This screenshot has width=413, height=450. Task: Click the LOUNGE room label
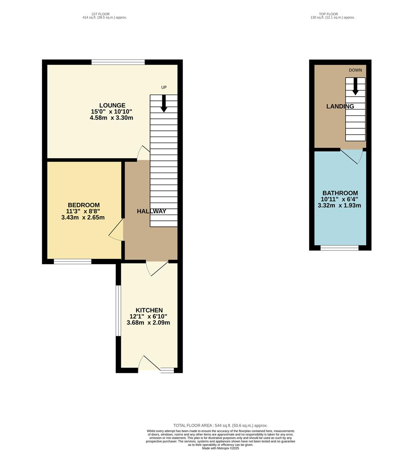pos(112,105)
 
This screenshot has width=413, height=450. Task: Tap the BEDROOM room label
pos(84,205)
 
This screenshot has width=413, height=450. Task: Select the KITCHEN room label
pos(149,310)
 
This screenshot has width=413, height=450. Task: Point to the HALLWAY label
pos(152,211)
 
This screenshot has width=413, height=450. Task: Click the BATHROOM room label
pos(340,193)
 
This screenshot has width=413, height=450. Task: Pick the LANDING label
pos(340,106)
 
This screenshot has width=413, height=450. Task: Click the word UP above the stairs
pos(164,87)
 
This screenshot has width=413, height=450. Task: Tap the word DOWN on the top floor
pos(355,70)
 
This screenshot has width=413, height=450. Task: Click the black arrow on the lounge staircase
pos(164,103)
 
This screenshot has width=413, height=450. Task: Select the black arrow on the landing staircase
pos(355,86)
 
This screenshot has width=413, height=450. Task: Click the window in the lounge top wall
pos(118,62)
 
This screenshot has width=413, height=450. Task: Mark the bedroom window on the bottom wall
pos(73,262)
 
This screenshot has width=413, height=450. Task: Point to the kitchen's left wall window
pos(118,310)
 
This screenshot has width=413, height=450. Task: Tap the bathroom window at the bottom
pos(340,248)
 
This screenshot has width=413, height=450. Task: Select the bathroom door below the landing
pos(352,156)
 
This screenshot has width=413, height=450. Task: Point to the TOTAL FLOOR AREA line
pos(220,425)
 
